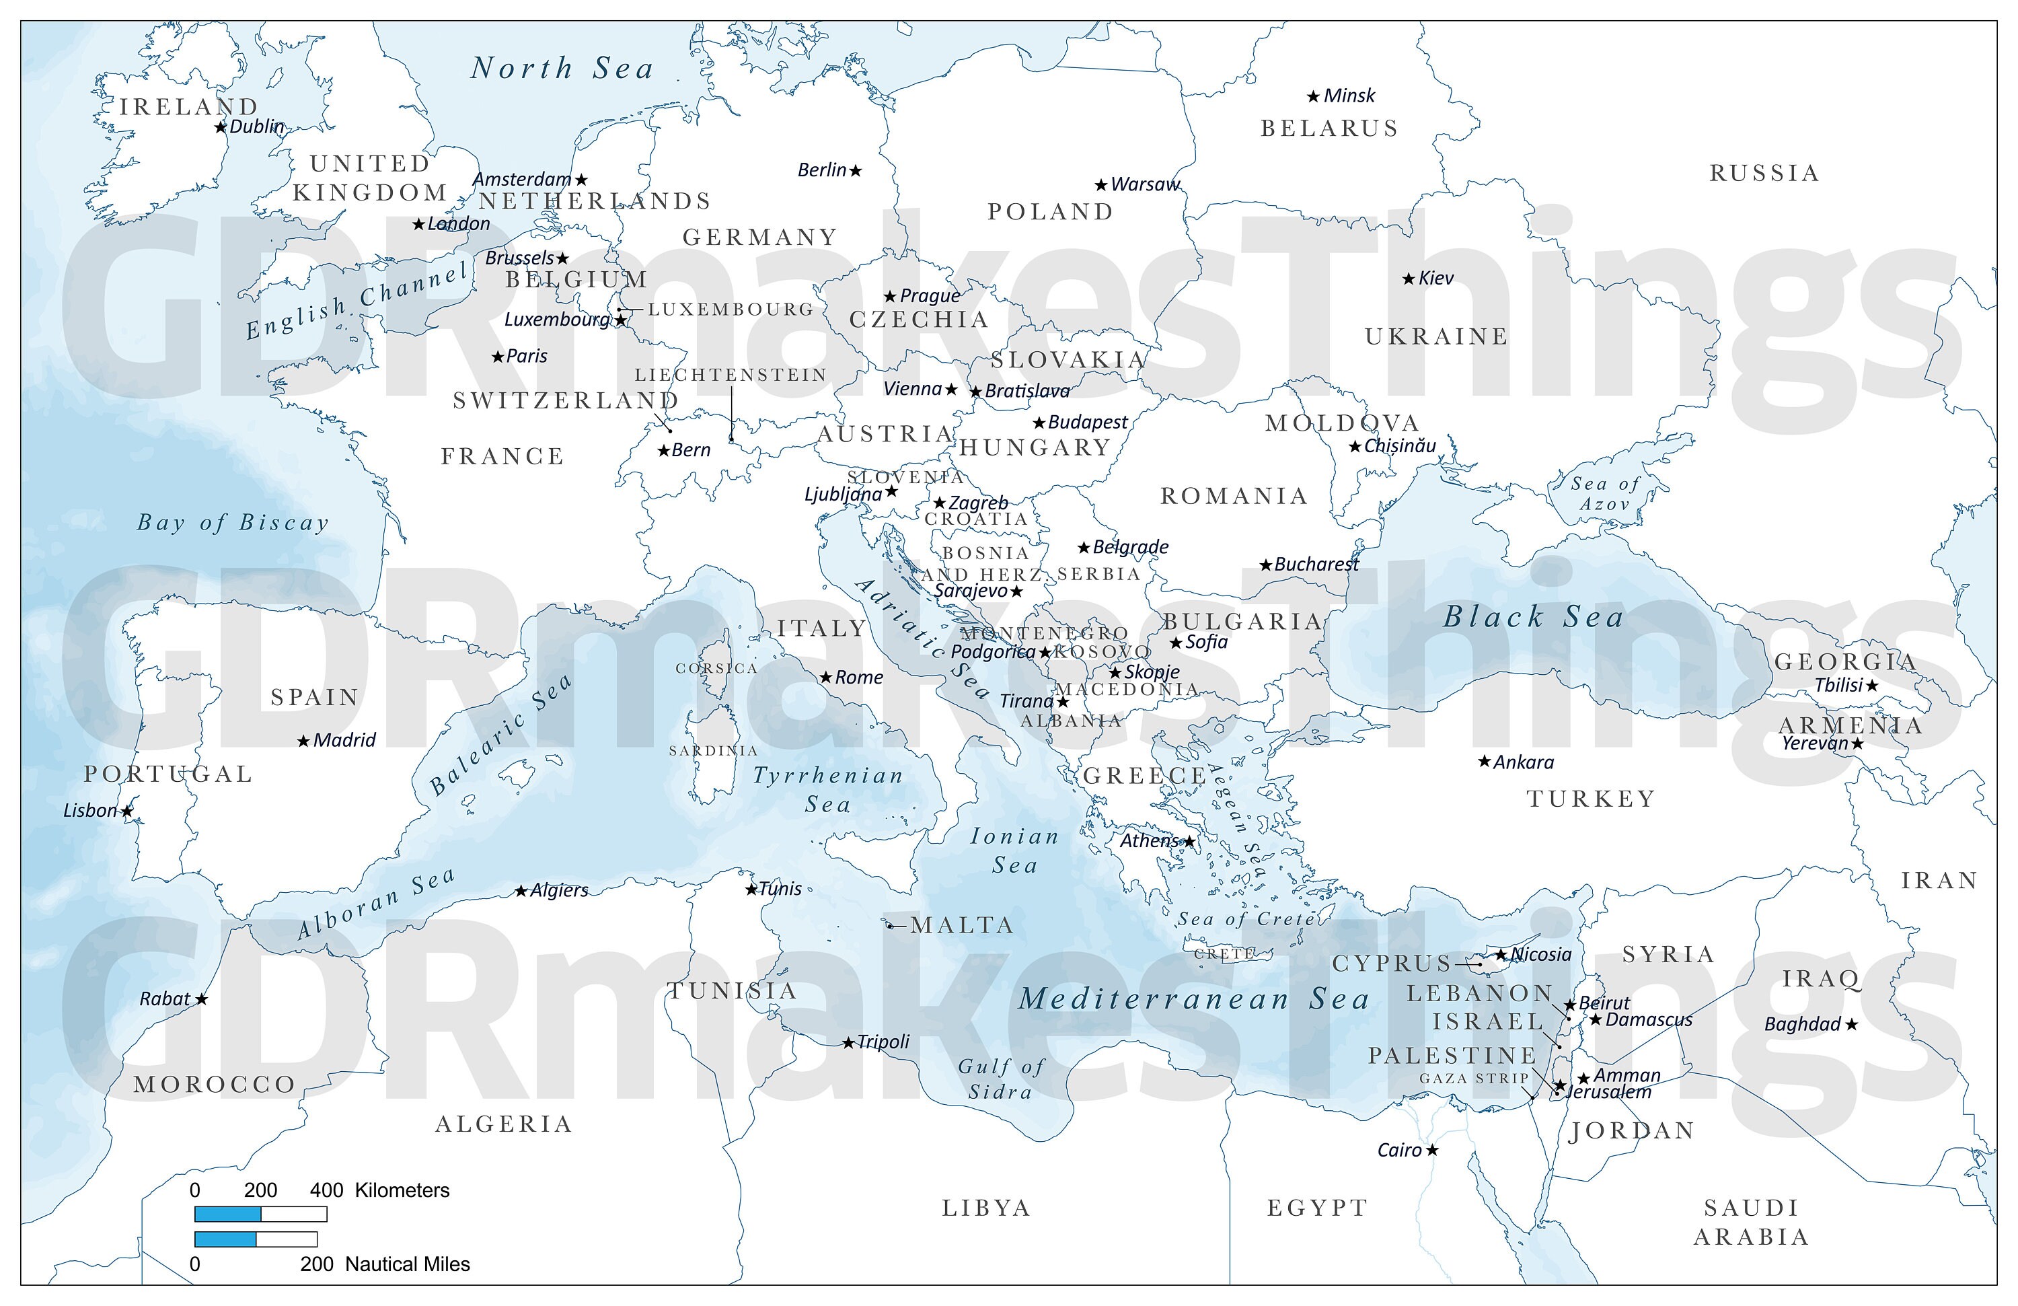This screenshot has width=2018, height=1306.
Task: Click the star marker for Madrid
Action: click(303, 741)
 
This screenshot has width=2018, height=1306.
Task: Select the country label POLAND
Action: click(1051, 211)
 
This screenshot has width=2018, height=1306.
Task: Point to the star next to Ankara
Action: click(1485, 762)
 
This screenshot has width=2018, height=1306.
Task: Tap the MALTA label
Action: click(963, 925)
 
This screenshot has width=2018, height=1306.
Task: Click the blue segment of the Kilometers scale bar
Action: click(227, 1214)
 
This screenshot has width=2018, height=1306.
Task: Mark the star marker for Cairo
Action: click(1432, 1150)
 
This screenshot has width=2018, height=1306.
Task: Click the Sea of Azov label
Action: click(1604, 494)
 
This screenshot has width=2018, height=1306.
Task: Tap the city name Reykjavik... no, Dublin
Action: click(257, 126)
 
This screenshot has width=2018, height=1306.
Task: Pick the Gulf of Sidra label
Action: click(1002, 1079)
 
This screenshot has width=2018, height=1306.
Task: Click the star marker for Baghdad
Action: click(1852, 1025)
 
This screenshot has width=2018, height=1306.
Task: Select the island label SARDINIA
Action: click(713, 750)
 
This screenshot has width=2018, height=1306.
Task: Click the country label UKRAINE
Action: click(1436, 336)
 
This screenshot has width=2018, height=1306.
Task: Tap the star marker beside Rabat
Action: click(202, 1000)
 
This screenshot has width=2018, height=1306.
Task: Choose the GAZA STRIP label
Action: click(1474, 1078)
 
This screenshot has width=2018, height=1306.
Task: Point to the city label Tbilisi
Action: click(1838, 685)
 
